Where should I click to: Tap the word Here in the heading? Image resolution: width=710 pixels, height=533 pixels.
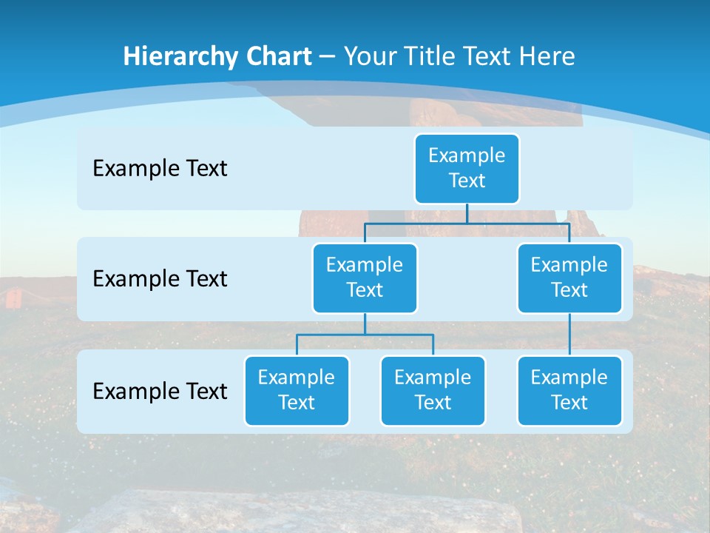[547, 57]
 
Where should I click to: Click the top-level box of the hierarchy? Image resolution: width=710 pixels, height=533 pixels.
[467, 168]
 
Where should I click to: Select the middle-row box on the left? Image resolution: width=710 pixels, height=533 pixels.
[365, 278]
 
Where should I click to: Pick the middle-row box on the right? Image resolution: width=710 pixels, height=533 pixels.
[569, 278]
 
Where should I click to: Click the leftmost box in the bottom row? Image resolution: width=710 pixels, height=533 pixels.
[297, 390]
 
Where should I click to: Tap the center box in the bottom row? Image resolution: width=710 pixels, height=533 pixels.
[433, 390]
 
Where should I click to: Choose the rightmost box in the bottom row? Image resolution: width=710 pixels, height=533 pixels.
[569, 390]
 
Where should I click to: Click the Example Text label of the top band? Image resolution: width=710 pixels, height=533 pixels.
[160, 169]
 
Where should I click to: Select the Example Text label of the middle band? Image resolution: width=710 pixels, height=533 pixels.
[160, 279]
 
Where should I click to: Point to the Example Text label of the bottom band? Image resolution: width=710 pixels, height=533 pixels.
[160, 391]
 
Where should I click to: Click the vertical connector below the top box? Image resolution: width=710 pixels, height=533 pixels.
[467, 213]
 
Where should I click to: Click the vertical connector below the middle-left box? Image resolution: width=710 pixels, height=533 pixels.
[365, 324]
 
